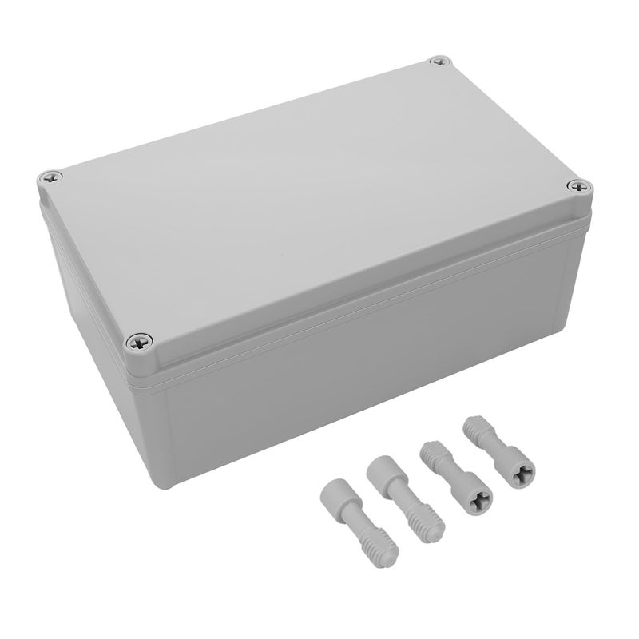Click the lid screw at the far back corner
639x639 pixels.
pyautogui.click(x=439, y=62)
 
